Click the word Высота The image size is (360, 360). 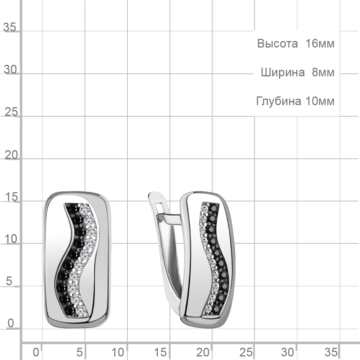277,44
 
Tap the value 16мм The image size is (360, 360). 320,44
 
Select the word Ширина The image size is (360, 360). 283,73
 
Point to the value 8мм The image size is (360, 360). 323,73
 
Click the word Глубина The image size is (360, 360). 279,101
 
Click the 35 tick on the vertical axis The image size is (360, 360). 10,27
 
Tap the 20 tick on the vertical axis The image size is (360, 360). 11,155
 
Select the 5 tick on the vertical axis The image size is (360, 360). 9,281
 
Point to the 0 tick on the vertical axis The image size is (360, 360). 10,323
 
